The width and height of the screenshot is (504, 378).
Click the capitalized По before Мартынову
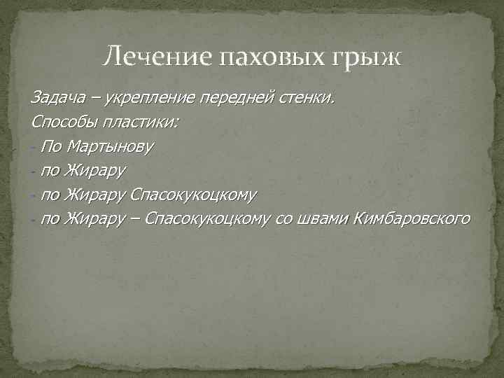point(51,147)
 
